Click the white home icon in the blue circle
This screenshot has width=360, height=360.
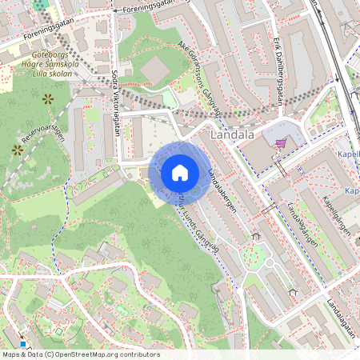pyautogui.click(x=180, y=173)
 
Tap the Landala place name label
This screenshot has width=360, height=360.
pyautogui.click(x=233, y=135)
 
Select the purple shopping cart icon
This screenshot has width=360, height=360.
pyautogui.click(x=281, y=143)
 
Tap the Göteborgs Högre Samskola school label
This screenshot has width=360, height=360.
pyautogui.click(x=47, y=66)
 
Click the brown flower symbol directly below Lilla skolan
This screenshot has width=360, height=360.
pyautogui.click(x=48, y=98)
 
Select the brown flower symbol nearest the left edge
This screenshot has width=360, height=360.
pyautogui.click(x=17, y=149)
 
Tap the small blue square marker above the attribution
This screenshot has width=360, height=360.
pyautogui.click(x=22, y=344)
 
